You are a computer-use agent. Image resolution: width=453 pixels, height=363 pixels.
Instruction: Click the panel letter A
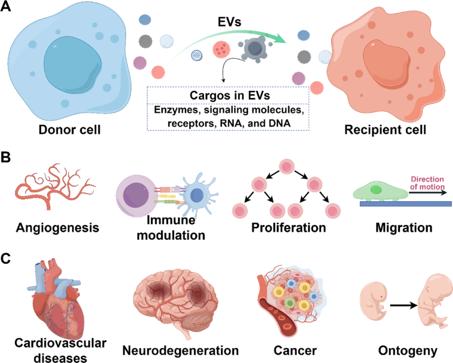pos(5,6)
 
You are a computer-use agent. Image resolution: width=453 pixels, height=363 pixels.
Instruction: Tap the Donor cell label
pos(70,130)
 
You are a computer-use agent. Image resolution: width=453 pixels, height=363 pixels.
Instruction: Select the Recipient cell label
pos(385,130)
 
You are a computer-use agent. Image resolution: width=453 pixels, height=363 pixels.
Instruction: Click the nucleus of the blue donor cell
pos(72,64)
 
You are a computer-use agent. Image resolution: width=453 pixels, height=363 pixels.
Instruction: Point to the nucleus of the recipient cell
pos(387,64)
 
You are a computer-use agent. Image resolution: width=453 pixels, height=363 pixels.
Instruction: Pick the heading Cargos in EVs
pos(230,96)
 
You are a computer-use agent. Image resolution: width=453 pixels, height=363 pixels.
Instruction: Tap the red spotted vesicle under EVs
pos(221,49)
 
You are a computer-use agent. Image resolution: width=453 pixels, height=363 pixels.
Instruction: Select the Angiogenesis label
pos(57,227)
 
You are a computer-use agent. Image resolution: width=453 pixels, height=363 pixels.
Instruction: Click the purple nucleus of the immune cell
pos(136,195)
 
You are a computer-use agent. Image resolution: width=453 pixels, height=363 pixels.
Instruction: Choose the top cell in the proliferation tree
pos(286,167)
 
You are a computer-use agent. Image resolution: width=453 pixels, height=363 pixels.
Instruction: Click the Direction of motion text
pos(427,183)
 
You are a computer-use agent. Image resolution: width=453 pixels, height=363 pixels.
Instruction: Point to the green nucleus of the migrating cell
pos(376,190)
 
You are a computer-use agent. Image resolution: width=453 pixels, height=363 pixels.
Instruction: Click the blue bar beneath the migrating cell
pos(406,204)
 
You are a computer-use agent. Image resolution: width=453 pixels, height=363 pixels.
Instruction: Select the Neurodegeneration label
pos(181,350)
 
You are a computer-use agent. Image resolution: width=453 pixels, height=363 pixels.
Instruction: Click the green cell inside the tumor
pos(290,303)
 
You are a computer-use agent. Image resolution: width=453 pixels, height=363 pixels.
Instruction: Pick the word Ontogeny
pos(408,351)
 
